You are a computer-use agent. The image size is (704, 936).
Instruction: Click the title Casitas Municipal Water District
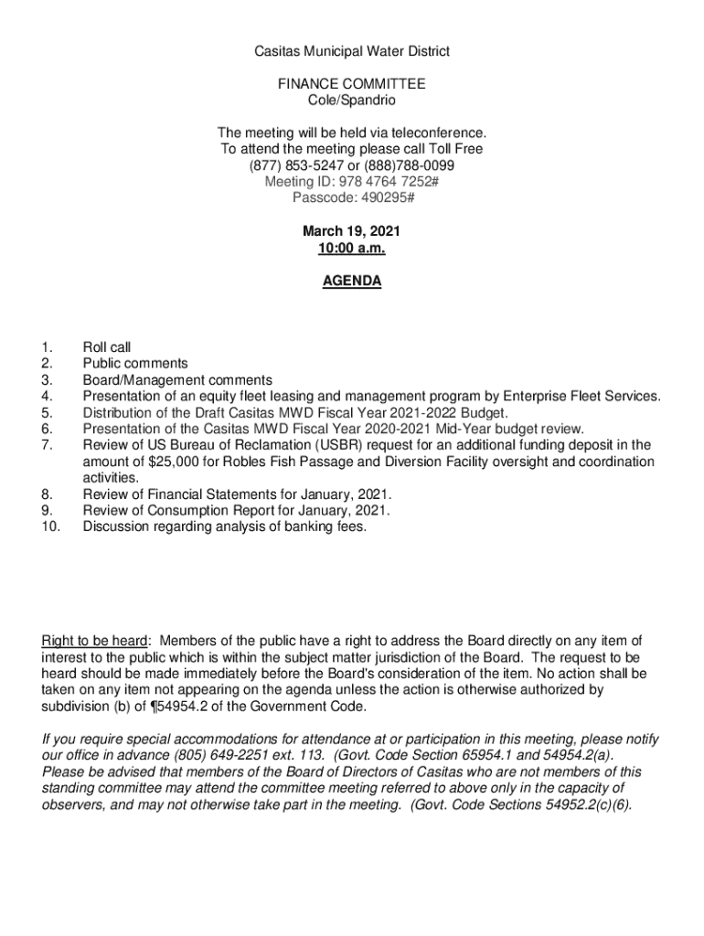352,51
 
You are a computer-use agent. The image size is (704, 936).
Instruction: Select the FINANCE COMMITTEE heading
352,84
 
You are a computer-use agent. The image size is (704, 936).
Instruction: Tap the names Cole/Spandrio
352,100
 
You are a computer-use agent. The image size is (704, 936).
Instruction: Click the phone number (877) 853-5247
293,165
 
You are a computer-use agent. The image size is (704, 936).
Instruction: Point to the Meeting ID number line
352,182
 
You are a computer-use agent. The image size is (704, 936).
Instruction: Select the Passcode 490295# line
352,198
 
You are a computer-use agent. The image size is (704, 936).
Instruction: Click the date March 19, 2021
352,232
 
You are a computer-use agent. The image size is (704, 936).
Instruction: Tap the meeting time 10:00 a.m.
352,249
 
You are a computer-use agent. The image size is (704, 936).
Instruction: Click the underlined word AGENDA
352,282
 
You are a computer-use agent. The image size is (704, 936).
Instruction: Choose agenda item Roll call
107,347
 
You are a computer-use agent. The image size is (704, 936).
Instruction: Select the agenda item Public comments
135,364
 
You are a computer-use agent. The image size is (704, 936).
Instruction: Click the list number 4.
47,397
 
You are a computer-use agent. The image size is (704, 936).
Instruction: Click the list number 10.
49,527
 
